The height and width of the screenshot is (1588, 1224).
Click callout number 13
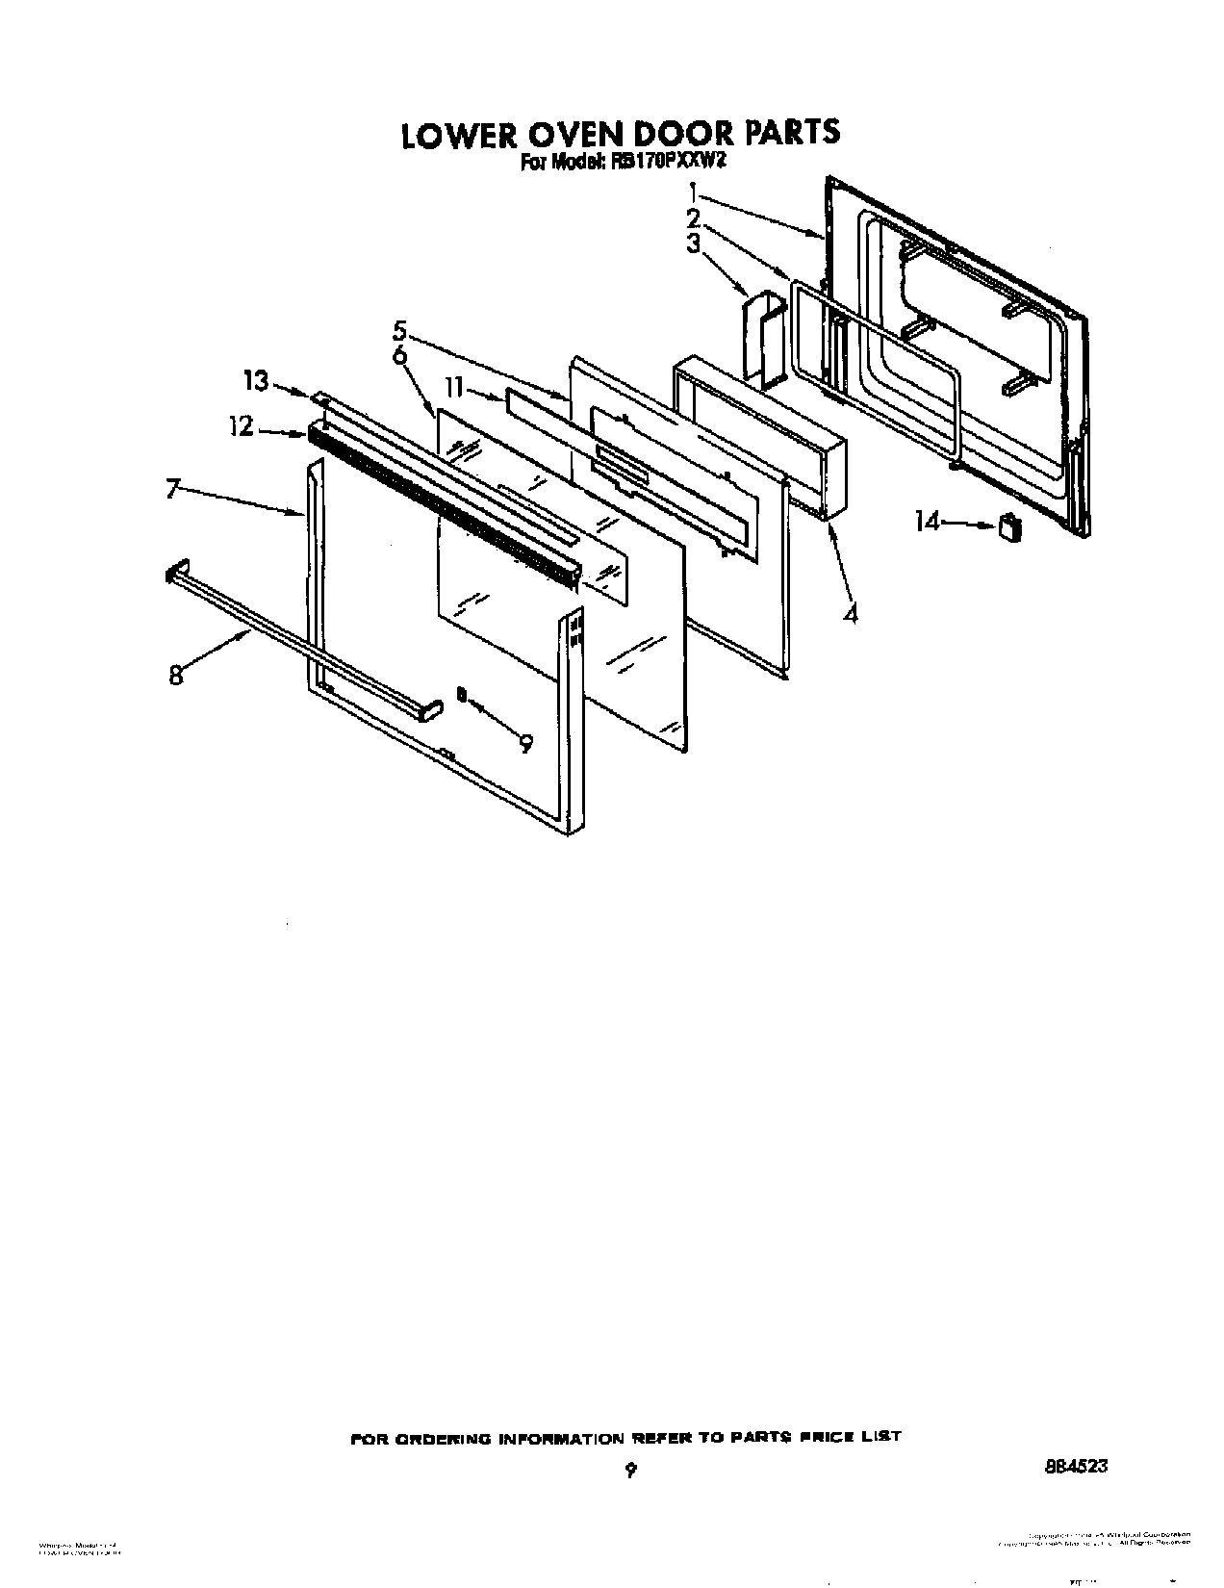[256, 381]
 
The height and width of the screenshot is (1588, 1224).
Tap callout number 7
[173, 490]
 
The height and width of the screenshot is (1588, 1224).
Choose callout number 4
[850, 612]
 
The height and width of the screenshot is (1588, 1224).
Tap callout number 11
[454, 388]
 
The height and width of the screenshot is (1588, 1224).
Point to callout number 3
[694, 244]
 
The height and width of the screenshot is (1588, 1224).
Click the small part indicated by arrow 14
[1008, 526]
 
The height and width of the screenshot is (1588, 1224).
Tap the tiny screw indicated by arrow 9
[462, 694]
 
